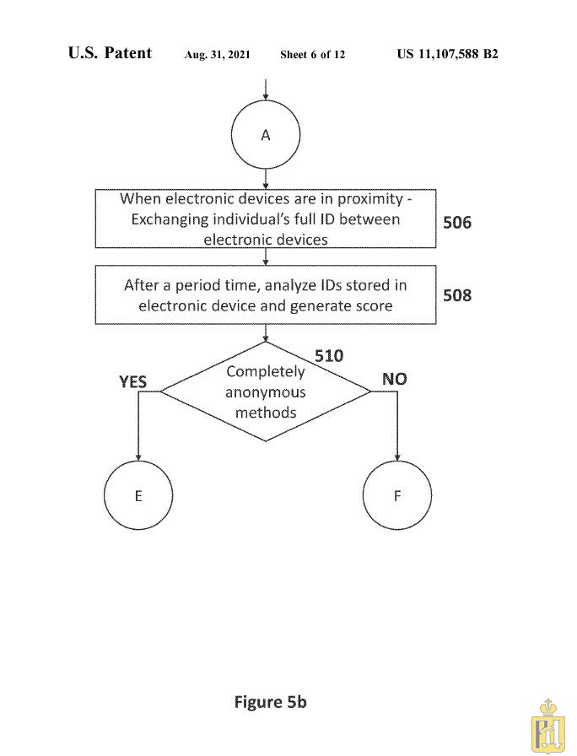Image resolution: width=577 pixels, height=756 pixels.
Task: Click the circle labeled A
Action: tap(266, 135)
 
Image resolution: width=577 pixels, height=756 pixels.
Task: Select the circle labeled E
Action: tap(138, 495)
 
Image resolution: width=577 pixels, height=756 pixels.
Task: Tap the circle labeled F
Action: tap(397, 495)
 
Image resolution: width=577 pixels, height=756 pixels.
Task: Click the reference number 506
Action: tap(457, 224)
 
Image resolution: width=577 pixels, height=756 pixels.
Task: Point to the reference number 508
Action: tap(457, 295)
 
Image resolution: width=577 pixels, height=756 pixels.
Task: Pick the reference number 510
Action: tap(329, 356)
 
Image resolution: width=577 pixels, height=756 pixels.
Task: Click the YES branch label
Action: tap(132, 382)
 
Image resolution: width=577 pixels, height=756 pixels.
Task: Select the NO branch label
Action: tap(395, 379)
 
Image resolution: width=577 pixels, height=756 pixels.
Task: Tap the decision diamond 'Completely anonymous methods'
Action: tap(266, 391)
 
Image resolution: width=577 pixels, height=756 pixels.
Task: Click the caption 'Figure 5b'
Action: tap(270, 702)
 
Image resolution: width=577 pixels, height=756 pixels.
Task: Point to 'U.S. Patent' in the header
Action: tap(110, 53)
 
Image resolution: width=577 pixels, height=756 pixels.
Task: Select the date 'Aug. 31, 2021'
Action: tap(218, 55)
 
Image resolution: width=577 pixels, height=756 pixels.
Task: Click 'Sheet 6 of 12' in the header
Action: tap(312, 55)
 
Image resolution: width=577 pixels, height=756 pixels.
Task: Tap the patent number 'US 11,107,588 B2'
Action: tap(447, 54)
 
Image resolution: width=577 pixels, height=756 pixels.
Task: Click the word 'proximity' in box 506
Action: tap(361, 200)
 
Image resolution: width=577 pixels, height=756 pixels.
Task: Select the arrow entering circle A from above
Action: tap(266, 89)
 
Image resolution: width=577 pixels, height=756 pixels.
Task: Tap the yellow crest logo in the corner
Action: tap(550, 726)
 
